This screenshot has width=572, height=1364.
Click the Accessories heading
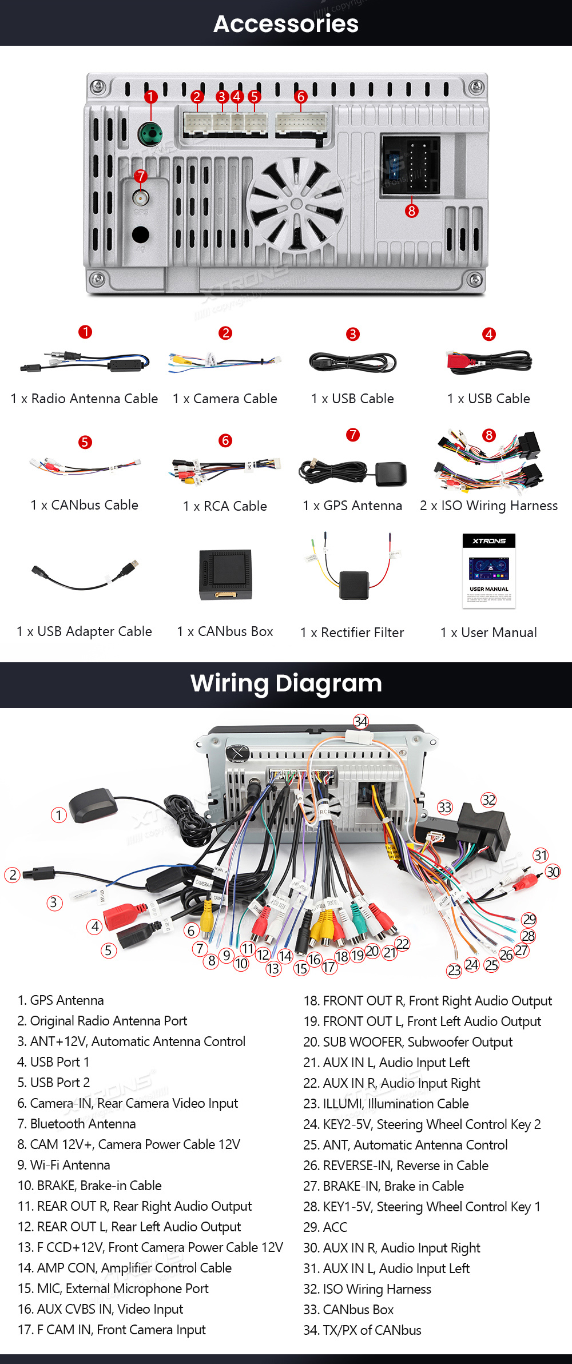(x=286, y=24)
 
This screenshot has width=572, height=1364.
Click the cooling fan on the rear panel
(x=296, y=205)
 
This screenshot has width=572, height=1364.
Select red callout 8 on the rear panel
(x=411, y=211)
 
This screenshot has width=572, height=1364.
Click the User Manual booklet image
(x=489, y=571)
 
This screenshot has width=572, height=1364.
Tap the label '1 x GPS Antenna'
(x=352, y=506)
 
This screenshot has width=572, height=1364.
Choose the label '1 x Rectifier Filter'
(x=352, y=633)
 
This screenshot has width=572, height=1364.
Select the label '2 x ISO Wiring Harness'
(x=488, y=506)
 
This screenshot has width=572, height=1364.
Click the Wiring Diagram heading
(x=286, y=683)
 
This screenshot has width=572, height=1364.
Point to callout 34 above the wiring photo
(x=360, y=722)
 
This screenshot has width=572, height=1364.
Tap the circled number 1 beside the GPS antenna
(x=58, y=815)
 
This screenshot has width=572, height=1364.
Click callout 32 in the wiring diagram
(x=488, y=800)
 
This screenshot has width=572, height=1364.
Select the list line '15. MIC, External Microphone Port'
(x=113, y=1289)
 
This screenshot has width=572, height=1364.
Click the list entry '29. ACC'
(x=325, y=1227)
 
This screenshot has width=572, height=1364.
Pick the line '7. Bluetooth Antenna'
(x=77, y=1124)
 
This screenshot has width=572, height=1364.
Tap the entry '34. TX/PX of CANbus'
(x=362, y=1330)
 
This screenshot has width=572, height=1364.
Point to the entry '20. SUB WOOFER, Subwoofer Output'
(x=408, y=1042)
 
